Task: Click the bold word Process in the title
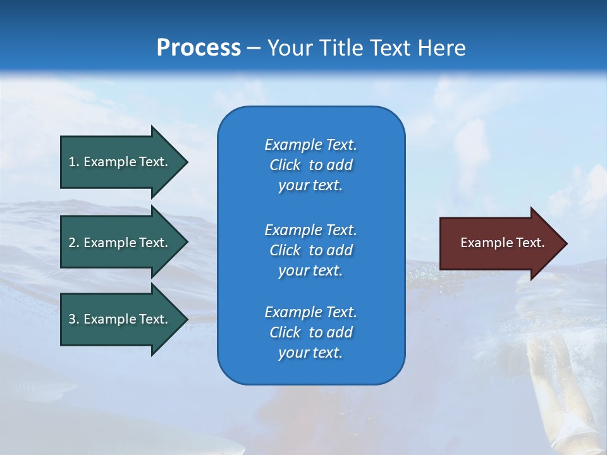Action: [199, 48]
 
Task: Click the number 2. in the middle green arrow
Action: [74, 243]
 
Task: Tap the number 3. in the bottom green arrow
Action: [74, 319]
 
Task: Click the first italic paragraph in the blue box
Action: [310, 165]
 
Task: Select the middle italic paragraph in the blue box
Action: [310, 250]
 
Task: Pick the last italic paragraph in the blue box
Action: [310, 332]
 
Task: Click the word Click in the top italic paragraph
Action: [285, 165]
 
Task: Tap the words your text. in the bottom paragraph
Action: [310, 353]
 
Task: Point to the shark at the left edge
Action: [38, 385]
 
